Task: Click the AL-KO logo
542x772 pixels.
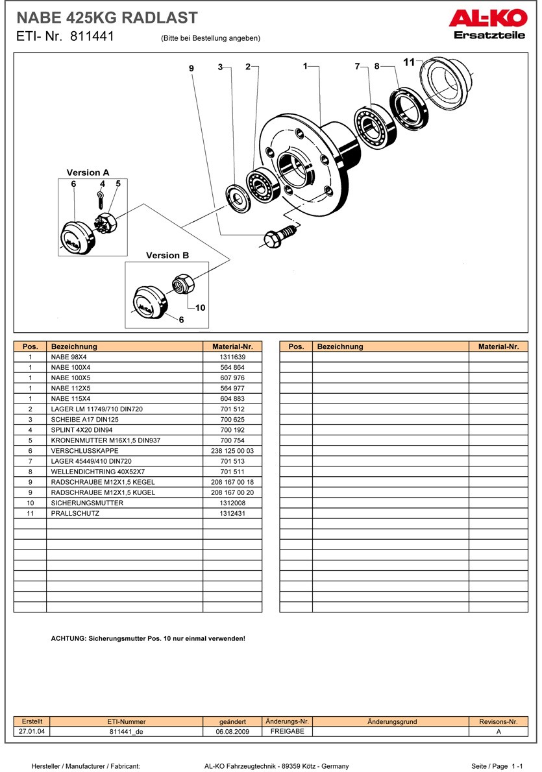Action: (x=487, y=24)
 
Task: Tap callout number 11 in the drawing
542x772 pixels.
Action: (x=408, y=62)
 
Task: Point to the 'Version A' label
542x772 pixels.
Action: (x=88, y=173)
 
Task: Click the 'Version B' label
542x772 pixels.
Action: (x=167, y=256)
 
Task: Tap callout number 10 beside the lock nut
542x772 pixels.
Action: (x=200, y=308)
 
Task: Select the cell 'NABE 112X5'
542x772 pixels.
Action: (x=71, y=388)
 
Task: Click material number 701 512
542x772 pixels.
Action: (x=232, y=409)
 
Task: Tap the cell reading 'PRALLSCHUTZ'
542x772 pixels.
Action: (x=75, y=513)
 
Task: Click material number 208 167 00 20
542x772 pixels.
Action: (x=232, y=492)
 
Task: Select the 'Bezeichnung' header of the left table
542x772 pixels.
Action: (x=74, y=346)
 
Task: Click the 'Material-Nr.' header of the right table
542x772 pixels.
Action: (x=499, y=346)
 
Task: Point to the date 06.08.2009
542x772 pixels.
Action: (x=232, y=731)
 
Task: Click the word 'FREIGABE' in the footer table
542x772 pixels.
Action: (x=287, y=731)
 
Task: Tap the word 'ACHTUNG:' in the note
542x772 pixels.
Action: (x=68, y=638)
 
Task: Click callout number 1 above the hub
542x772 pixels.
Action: (x=305, y=66)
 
